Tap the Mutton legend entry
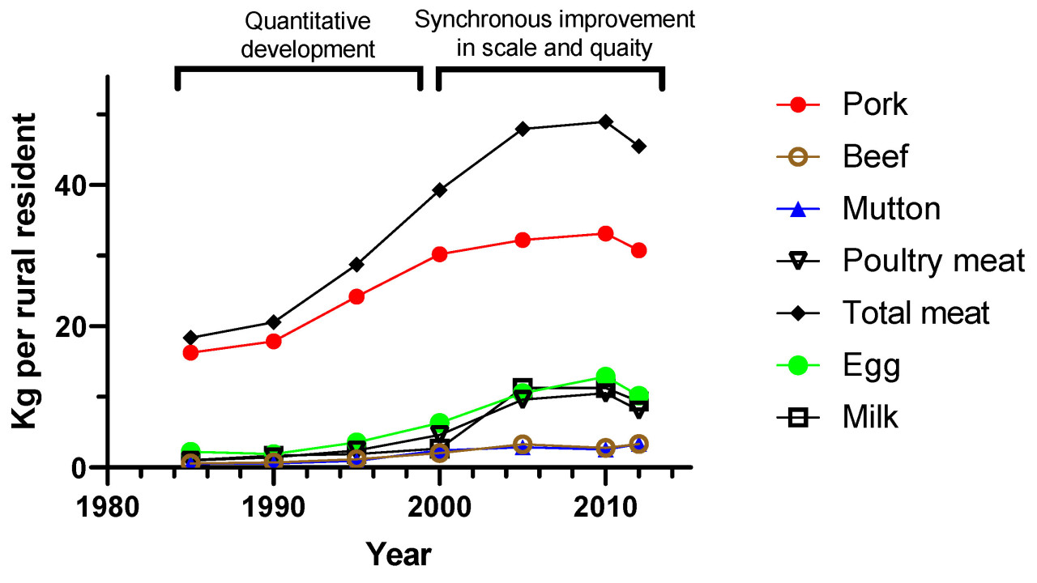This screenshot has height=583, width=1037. point(890,209)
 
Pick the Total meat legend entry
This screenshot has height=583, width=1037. point(915,313)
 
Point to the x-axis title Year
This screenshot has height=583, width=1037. point(398,555)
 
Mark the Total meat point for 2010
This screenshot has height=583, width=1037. point(605,121)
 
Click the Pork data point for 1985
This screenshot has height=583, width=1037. point(191,352)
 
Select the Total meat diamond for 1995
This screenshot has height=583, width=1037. point(356,265)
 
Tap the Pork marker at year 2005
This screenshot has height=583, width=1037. point(523,240)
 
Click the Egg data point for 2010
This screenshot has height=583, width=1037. point(605,377)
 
